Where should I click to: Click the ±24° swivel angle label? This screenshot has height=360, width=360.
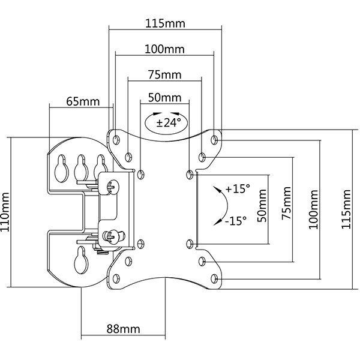point(165,123)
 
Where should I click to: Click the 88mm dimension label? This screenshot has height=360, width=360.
point(124,329)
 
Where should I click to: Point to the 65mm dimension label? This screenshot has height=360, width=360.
point(82,101)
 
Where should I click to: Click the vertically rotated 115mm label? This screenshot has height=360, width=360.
point(347,209)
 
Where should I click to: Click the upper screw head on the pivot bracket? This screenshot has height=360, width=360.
point(110,187)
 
